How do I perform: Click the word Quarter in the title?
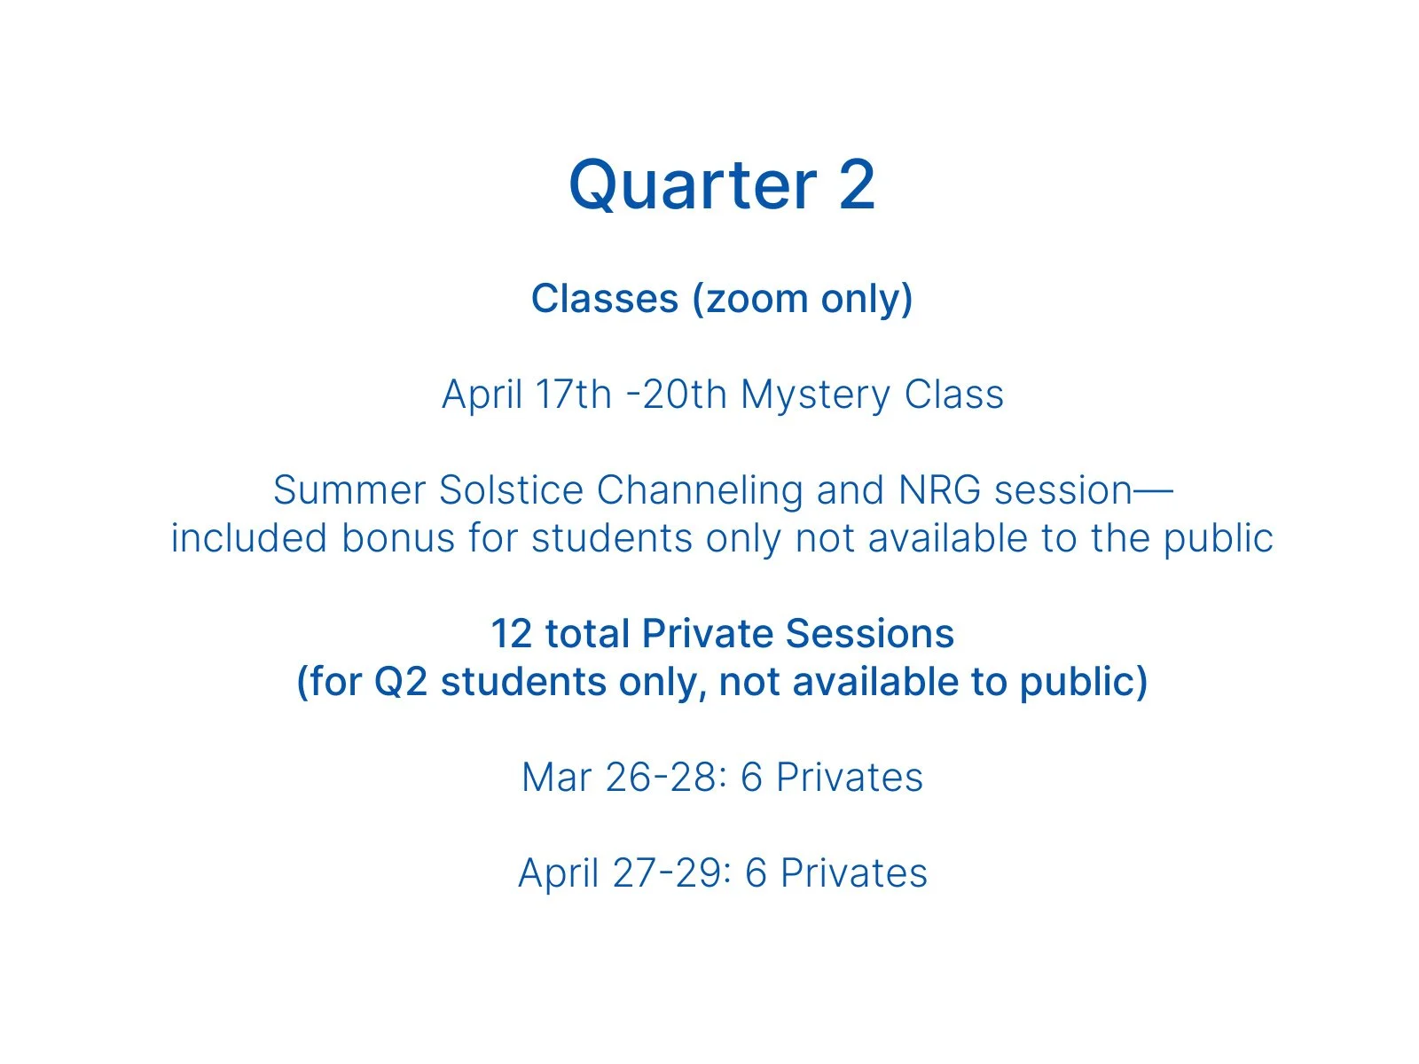(x=693, y=186)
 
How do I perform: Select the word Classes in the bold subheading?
(x=604, y=299)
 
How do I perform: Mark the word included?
(x=248, y=538)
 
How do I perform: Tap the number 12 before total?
(x=511, y=634)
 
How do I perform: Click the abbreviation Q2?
(x=401, y=682)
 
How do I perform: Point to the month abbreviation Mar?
(x=556, y=778)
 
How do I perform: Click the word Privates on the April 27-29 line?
(x=853, y=873)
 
